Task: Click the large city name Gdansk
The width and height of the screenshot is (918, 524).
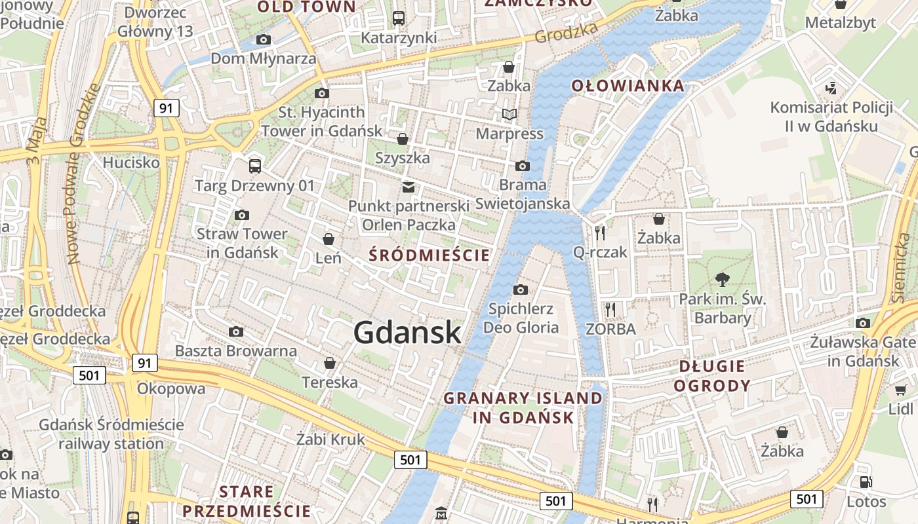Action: (407, 333)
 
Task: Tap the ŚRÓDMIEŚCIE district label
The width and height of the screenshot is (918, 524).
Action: (429, 255)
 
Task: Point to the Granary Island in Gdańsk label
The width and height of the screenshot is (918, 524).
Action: (523, 407)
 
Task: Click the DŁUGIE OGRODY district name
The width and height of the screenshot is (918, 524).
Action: (711, 376)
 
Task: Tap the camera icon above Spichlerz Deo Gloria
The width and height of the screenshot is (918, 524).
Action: (520, 290)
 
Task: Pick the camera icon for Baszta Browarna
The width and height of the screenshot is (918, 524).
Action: (236, 332)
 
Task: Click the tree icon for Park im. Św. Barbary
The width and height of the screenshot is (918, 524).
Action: (723, 280)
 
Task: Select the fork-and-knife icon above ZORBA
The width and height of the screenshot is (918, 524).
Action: (610, 309)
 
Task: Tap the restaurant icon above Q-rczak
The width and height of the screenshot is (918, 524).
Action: (599, 233)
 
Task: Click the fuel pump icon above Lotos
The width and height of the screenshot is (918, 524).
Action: (866, 482)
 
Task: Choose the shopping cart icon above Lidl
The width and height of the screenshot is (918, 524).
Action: (900, 390)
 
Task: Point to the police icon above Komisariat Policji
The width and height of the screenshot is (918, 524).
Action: (831, 87)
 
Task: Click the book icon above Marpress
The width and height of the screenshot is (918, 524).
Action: (509, 115)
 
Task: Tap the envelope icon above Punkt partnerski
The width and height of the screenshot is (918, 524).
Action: (409, 187)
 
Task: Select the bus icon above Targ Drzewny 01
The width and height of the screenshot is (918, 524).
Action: (255, 166)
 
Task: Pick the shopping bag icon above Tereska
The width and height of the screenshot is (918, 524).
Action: (330, 363)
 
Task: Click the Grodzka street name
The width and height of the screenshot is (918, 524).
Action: (567, 32)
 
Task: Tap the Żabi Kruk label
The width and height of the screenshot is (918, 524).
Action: (330, 439)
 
